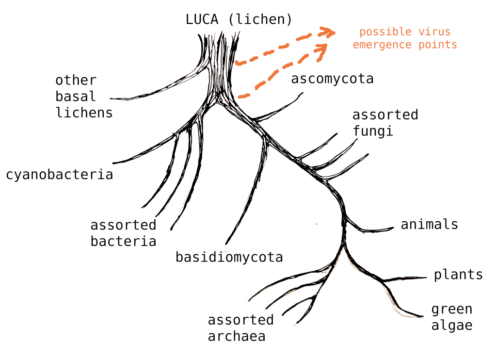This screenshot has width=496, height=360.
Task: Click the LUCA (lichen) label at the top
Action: pos(239,20)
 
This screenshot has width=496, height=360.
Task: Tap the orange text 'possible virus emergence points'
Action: pos(405,38)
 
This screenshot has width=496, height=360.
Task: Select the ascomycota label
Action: pos(332,79)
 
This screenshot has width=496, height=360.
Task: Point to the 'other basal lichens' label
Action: pos(83,97)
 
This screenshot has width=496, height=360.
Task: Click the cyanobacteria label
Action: pos(60,174)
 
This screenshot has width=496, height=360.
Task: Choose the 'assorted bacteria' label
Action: pos(123,233)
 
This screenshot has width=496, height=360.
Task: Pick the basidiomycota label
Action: pos(229,257)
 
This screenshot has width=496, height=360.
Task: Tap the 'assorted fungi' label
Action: pos(385,123)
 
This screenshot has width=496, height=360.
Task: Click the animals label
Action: pos(429,224)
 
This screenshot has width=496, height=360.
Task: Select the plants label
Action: pos(458,275)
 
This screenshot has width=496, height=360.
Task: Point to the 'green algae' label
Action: pos(451,317)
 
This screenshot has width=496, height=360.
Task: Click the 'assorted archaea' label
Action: pos(240,327)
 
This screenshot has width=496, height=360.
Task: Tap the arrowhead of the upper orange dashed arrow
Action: pos(331,32)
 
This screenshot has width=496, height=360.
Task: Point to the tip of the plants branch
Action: pos(426,278)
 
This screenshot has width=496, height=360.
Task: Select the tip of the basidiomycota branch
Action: pos(226,244)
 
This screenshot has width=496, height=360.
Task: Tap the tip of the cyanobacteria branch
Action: pos(113,163)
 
